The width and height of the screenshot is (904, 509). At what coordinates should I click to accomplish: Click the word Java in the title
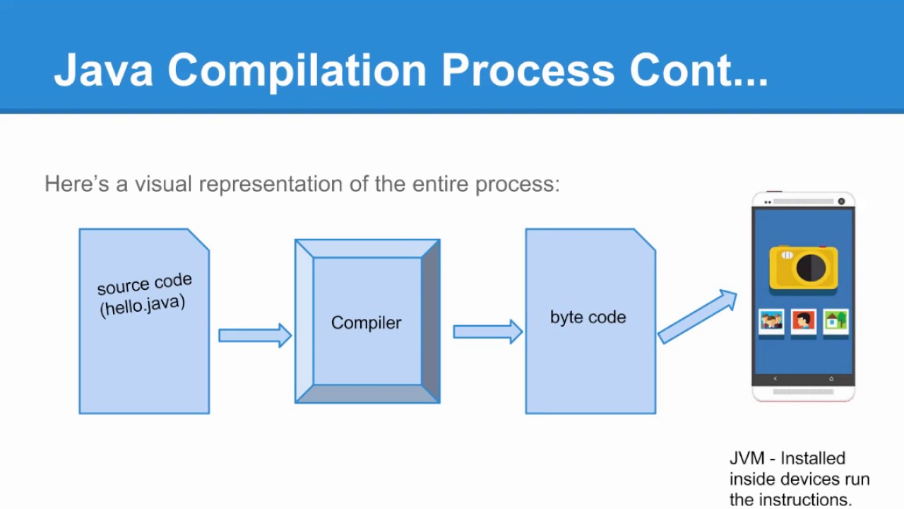coord(103,70)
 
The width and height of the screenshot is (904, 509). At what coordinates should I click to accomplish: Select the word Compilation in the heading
coord(297,70)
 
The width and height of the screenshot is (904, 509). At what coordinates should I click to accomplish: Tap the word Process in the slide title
coord(528,70)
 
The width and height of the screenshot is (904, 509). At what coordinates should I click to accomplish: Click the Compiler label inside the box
coord(366,323)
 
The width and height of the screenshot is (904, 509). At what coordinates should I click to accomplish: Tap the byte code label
coord(588,317)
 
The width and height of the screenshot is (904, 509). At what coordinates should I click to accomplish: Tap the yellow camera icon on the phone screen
coord(804,267)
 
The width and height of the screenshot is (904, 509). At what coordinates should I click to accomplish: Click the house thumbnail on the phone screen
coord(835,321)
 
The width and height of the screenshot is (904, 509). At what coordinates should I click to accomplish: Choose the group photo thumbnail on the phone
coord(771,321)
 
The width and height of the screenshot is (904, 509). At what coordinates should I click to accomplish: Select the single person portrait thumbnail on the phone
coord(803,321)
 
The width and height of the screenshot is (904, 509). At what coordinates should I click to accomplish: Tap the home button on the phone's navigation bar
coord(831,379)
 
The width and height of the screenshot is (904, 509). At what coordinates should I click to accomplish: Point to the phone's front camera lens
coord(841,201)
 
